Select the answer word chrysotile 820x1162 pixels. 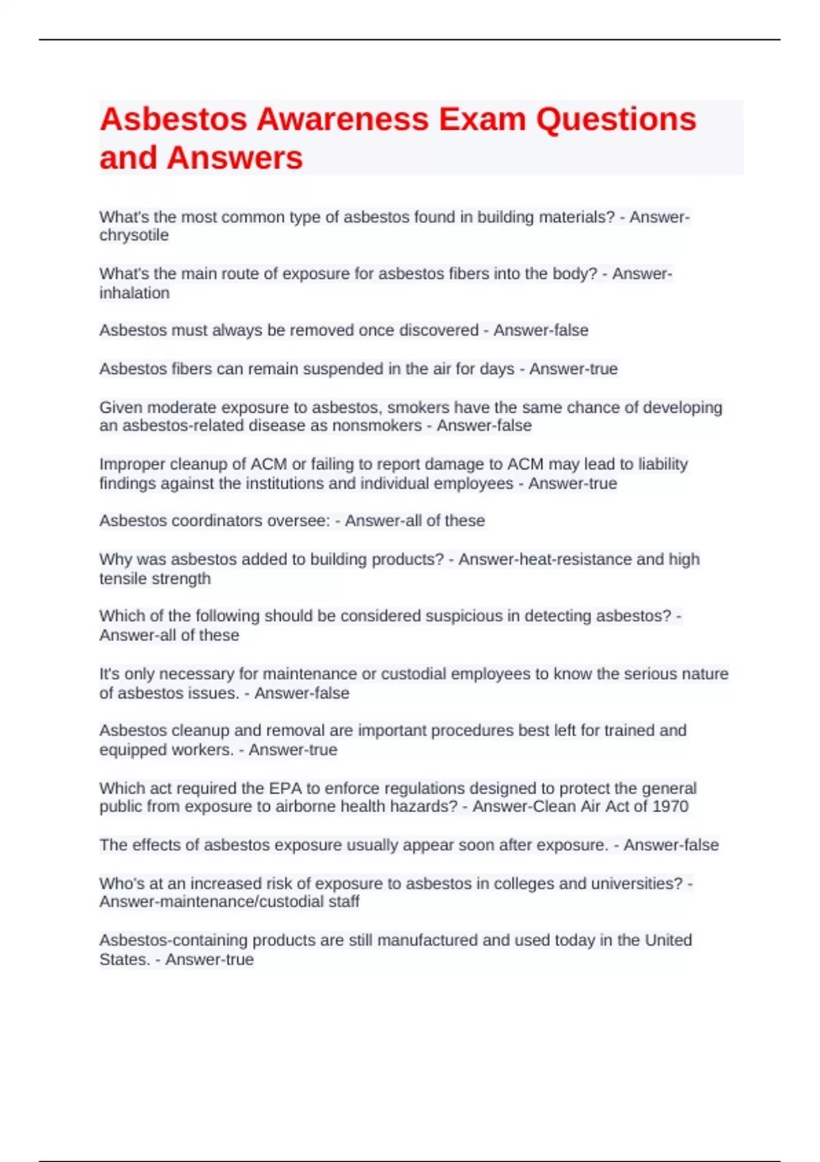(x=134, y=235)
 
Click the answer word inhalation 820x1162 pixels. (x=135, y=293)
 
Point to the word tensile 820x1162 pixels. (x=122, y=579)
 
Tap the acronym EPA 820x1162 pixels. (x=286, y=788)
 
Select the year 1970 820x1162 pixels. (x=670, y=807)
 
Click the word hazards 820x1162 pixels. (x=424, y=807)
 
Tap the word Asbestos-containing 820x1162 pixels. (x=174, y=941)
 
